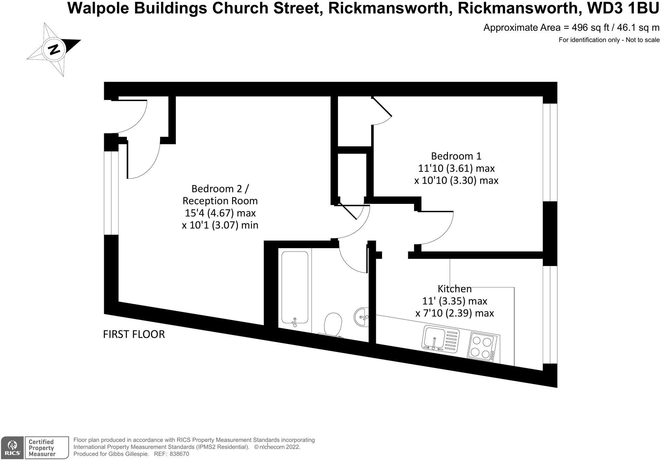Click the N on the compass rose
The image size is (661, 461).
click(53, 49)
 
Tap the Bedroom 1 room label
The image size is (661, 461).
click(456, 156)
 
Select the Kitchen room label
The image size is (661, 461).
click(454, 288)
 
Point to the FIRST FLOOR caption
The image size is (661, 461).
click(134, 334)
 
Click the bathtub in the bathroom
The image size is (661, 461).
click(294, 287)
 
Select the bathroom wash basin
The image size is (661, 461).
click(361, 316)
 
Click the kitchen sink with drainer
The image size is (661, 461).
click(441, 338)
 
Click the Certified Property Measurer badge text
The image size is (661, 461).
click(41, 448)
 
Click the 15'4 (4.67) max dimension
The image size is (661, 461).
click(220, 213)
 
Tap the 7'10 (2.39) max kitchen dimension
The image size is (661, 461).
click(454, 313)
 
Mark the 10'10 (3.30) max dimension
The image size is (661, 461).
click(456, 180)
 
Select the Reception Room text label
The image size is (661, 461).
click(220, 201)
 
